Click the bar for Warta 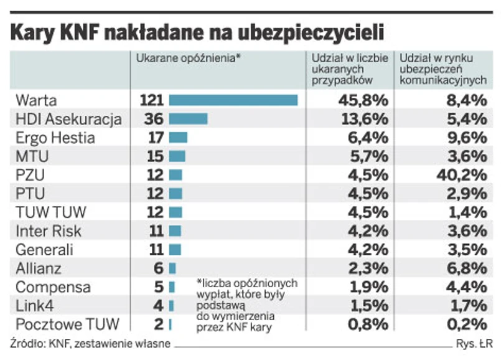coord(233,100)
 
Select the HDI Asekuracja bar coord(188,119)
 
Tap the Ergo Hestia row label coord(55,138)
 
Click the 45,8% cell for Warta coord(363,100)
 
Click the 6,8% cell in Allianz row coord(462,268)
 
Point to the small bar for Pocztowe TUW coord(170,324)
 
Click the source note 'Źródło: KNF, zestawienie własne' coord(90,343)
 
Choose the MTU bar coord(177,156)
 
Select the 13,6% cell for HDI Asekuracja coord(363,119)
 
